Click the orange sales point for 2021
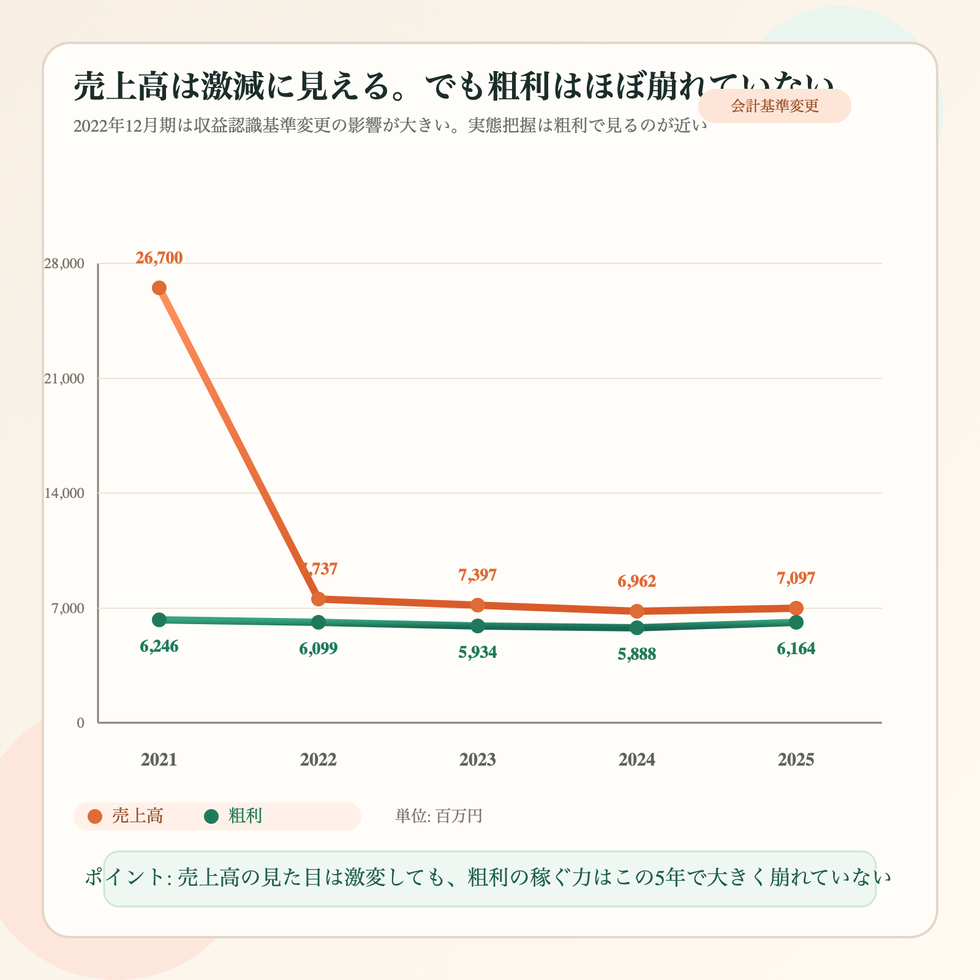click(159, 288)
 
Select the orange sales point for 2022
click(318, 598)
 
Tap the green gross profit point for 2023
click(478, 626)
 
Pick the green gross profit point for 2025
click(796, 622)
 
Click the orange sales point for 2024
click(637, 611)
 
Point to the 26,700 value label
click(159, 258)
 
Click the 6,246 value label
click(159, 646)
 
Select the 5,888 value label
click(637, 655)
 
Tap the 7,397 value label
click(478, 575)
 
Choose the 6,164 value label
click(796, 649)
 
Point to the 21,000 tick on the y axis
click(64, 379)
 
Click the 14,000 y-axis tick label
click(64, 493)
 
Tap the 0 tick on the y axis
click(81, 723)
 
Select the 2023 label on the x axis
click(478, 760)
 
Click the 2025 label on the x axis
click(796, 760)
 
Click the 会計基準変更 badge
click(775, 106)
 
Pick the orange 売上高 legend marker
click(95, 816)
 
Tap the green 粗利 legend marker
click(211, 816)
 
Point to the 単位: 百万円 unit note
click(439, 816)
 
